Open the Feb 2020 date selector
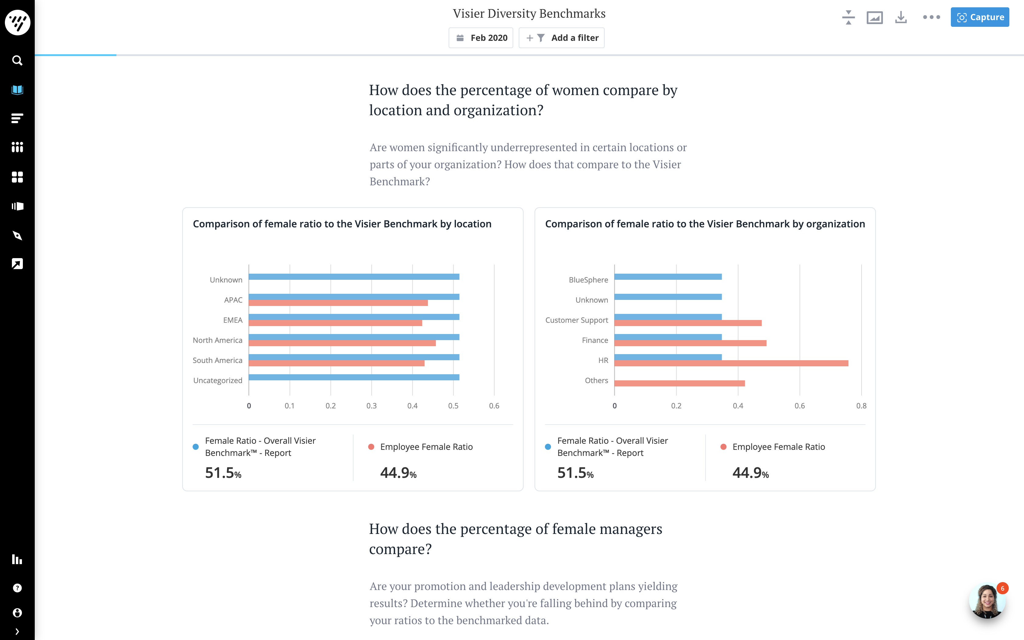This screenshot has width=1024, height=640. coord(481,38)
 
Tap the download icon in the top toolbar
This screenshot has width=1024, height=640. coord(901,17)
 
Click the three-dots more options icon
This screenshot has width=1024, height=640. coord(931,17)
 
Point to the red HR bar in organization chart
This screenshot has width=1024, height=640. coord(731,363)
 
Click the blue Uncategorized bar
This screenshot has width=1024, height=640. coord(354,377)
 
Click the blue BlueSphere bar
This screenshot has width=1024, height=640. coord(668,277)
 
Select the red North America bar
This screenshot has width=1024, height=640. coord(342,343)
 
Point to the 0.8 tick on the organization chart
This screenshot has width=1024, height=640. coord(861,406)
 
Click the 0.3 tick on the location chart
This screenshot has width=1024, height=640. coord(372,406)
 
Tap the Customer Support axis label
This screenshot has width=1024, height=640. coord(576,320)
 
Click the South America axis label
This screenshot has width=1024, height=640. coord(218,360)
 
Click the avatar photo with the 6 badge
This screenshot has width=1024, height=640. coord(987,601)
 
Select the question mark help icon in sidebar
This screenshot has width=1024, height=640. coord(17,588)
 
